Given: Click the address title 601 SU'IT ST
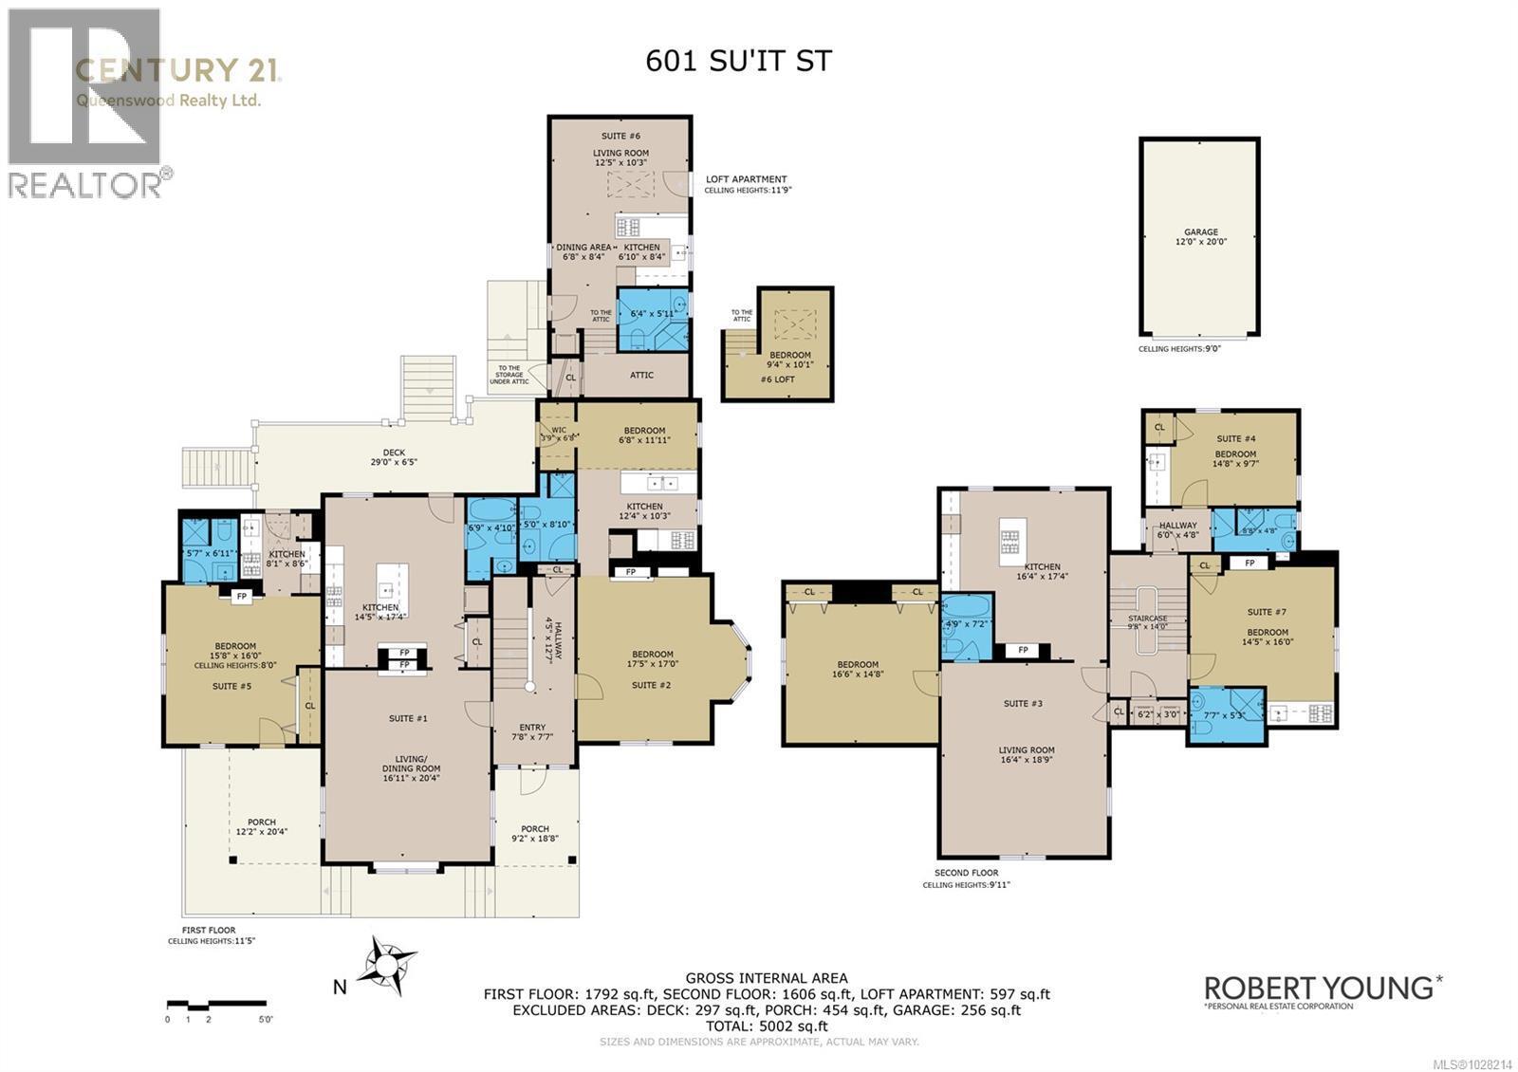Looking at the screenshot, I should [738, 62].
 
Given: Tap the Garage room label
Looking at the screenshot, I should [1200, 237].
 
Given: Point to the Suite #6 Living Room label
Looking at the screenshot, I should [620, 157].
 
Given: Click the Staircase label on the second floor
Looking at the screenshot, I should [1147, 622].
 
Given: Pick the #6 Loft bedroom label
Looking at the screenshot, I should [789, 360].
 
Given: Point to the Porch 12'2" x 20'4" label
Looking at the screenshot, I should [262, 827].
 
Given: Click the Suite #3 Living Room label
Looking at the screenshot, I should [1027, 755].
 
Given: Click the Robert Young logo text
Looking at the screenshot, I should [1319, 988].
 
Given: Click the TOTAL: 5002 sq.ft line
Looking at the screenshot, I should [766, 1026].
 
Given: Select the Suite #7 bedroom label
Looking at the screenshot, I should [1267, 636].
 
